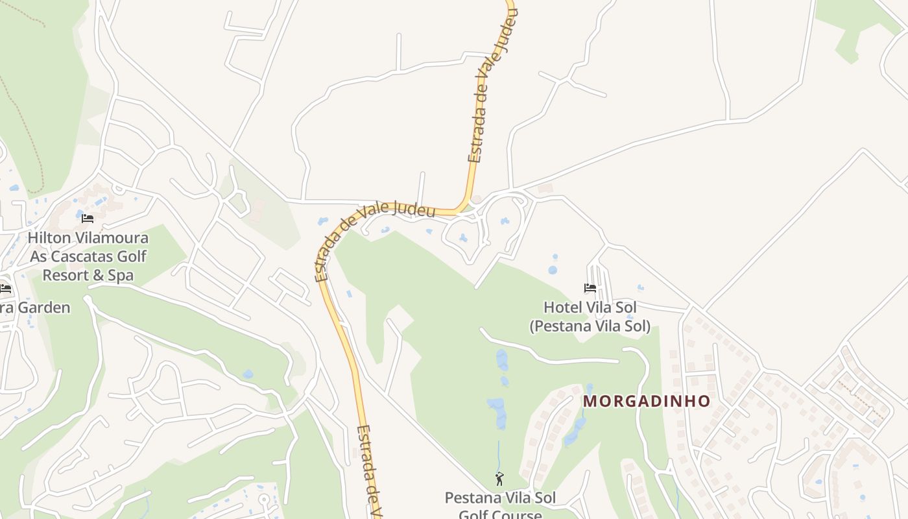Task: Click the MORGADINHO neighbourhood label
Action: (x=647, y=401)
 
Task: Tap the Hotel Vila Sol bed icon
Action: (x=590, y=287)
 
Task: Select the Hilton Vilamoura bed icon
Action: (x=88, y=218)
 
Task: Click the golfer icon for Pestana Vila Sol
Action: (x=499, y=479)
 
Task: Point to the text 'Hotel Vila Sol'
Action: (x=590, y=307)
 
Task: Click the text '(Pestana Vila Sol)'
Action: (x=590, y=326)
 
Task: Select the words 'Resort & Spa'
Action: (x=88, y=275)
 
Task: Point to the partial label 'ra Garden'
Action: (x=35, y=308)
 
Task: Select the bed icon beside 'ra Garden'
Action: (x=5, y=288)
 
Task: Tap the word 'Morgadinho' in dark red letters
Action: (x=647, y=401)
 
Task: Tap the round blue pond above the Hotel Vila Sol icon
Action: (x=552, y=269)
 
